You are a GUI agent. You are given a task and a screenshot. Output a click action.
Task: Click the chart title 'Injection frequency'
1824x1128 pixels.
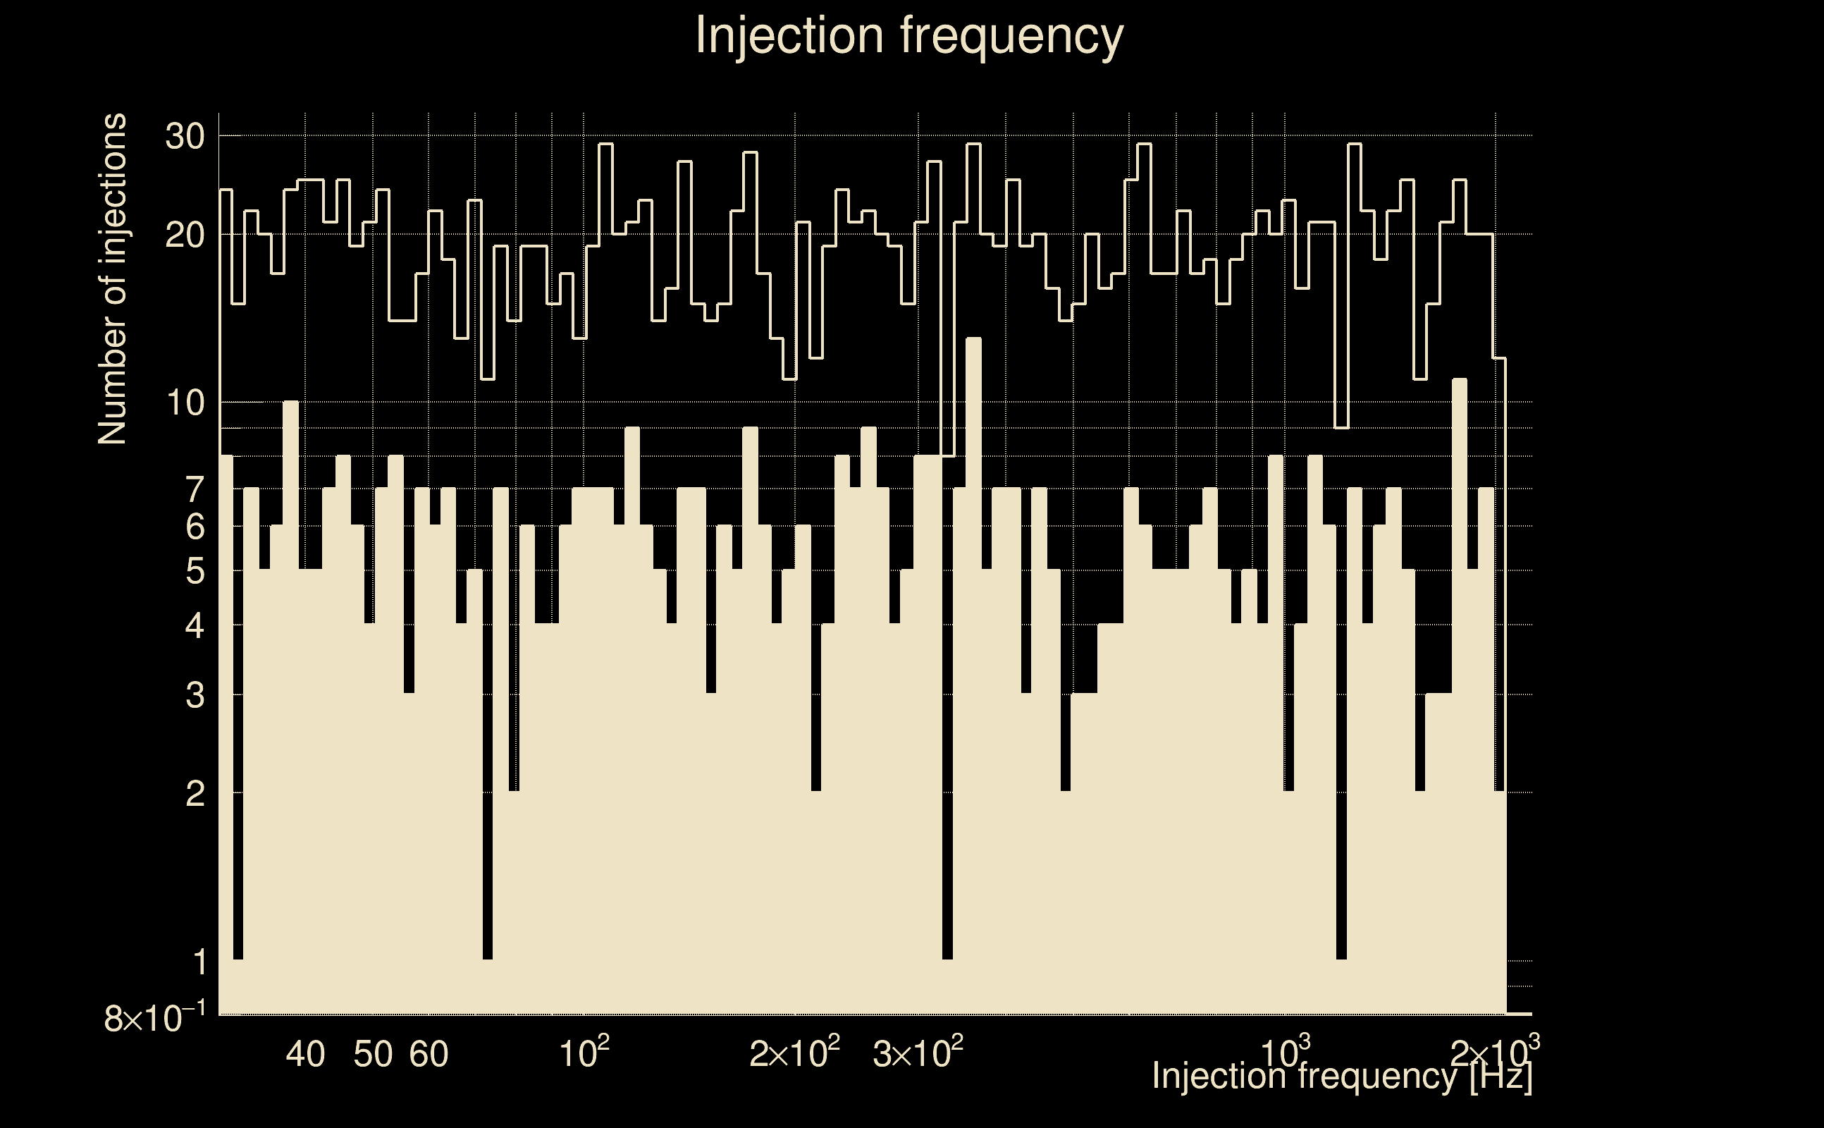pyautogui.click(x=909, y=35)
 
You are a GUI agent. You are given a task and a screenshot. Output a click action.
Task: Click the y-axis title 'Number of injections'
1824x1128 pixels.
pyautogui.click(x=112, y=279)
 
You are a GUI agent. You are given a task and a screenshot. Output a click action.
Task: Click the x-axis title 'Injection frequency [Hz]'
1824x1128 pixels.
pyautogui.click(x=1342, y=1077)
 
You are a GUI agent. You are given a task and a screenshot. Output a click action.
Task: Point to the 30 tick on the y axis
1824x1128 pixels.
pyautogui.click(x=185, y=137)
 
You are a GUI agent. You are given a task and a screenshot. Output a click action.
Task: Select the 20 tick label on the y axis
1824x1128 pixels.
pyautogui.click(x=185, y=235)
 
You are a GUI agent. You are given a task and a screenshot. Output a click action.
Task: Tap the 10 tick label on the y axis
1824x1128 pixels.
pyautogui.click(x=185, y=403)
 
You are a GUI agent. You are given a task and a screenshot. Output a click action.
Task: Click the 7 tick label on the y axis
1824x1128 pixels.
pyautogui.click(x=195, y=490)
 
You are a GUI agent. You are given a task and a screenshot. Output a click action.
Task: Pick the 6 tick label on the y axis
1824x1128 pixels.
pyautogui.click(x=195, y=527)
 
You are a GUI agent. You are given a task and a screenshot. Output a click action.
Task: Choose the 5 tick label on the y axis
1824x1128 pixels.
pyautogui.click(x=195, y=572)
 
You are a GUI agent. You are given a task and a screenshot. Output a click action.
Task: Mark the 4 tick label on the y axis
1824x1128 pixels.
pyautogui.click(x=195, y=626)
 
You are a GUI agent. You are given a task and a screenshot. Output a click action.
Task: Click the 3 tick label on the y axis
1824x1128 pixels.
pyautogui.click(x=195, y=696)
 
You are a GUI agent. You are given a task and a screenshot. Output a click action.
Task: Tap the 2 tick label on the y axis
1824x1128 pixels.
pyautogui.click(x=195, y=795)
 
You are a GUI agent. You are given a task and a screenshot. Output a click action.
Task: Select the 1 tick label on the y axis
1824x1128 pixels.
pyautogui.click(x=199, y=962)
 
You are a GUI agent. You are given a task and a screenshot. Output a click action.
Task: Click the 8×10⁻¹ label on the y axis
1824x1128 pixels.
pyautogui.click(x=155, y=1017)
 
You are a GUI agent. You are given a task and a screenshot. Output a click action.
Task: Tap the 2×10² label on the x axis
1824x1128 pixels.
pyautogui.click(x=795, y=1053)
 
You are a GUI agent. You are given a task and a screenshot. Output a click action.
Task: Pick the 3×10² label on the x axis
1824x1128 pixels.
pyautogui.click(x=918, y=1053)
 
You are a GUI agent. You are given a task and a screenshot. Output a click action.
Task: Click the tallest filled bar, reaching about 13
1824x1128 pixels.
pyautogui.click(x=973, y=671)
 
